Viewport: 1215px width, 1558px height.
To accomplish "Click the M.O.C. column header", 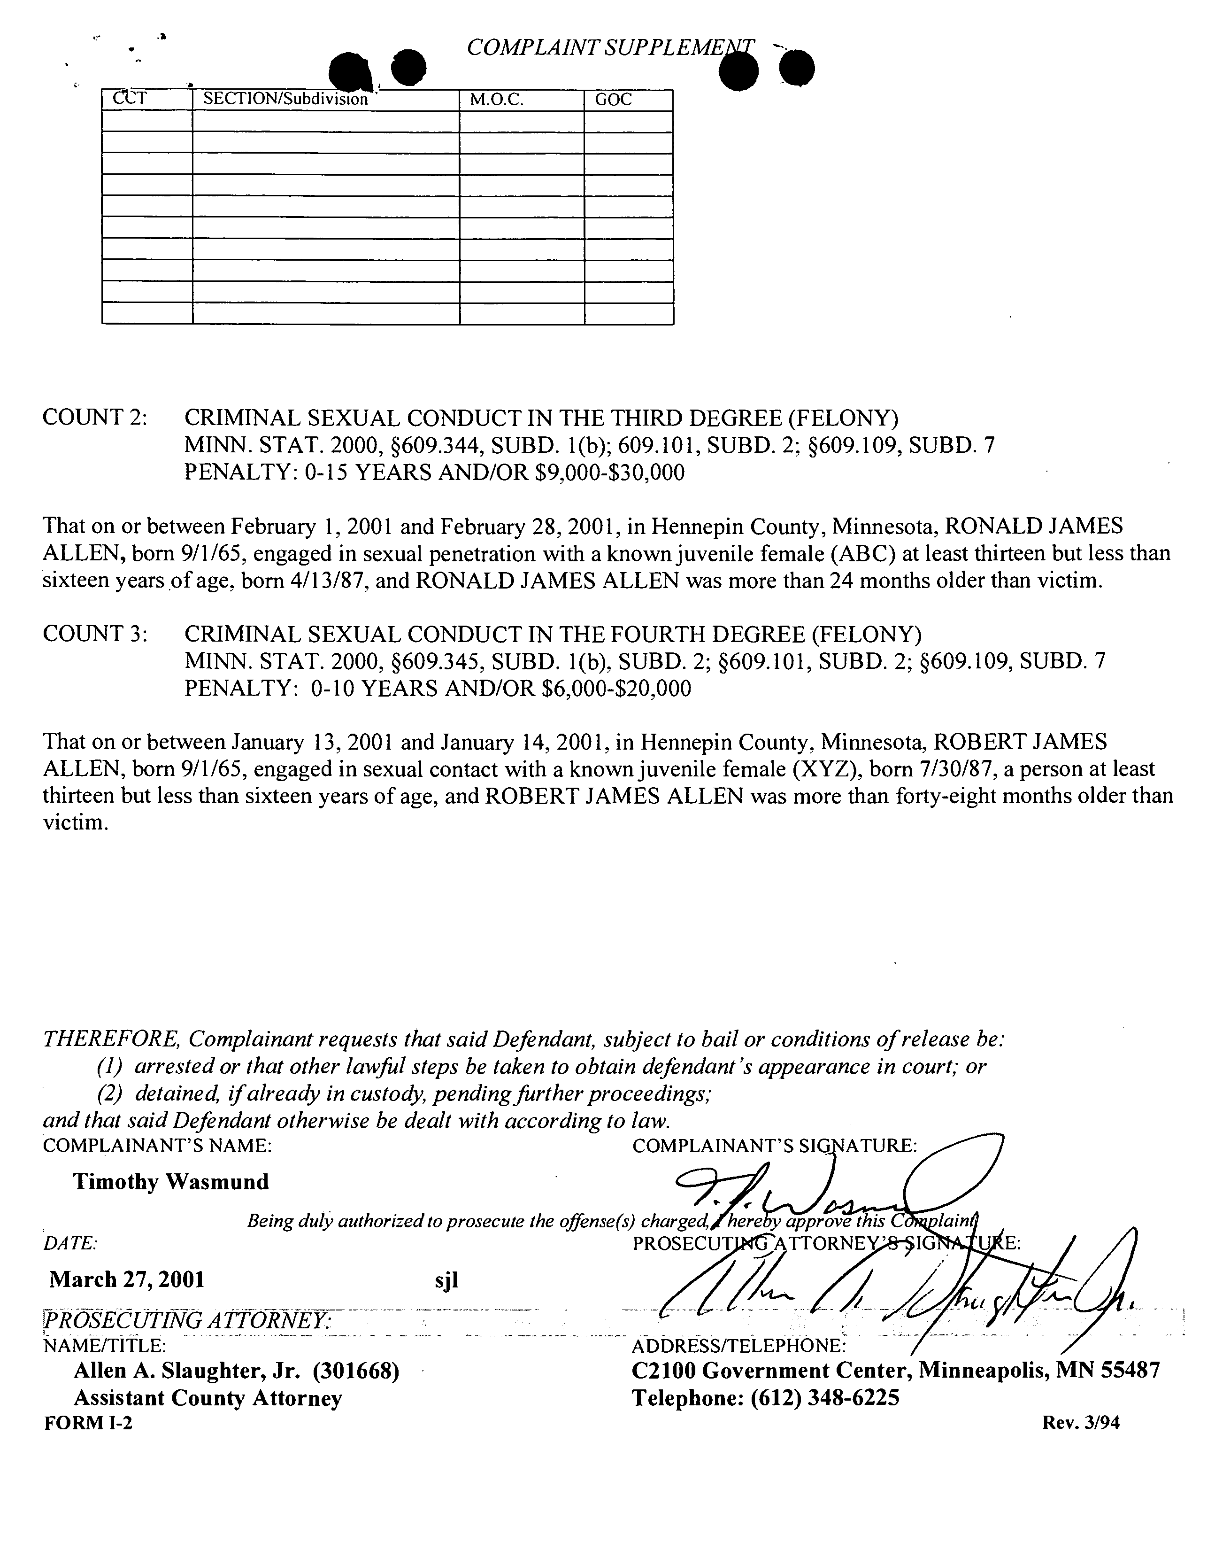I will point(496,100).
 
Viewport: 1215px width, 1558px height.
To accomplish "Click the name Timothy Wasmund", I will point(171,1182).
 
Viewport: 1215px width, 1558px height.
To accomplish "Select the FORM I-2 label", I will point(88,1423).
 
